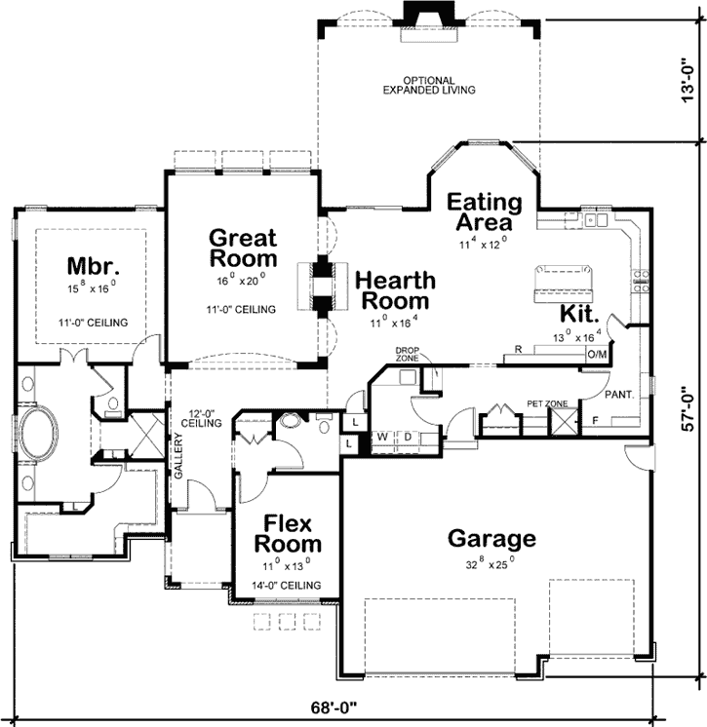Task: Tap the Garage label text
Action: click(x=491, y=538)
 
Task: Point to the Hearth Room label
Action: click(x=395, y=290)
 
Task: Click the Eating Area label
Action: click(x=485, y=212)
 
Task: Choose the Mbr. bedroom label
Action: click(x=93, y=266)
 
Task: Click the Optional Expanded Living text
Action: click(x=429, y=85)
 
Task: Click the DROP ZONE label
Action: click(x=408, y=353)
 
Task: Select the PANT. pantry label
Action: click(x=619, y=396)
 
